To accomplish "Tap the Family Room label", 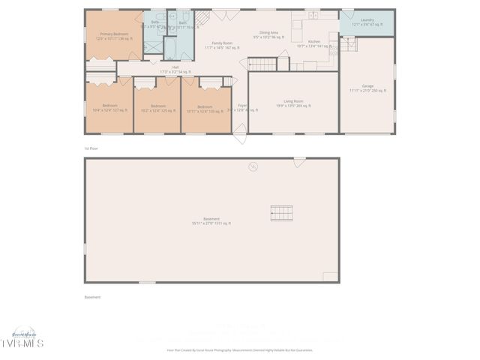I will click(x=222, y=45).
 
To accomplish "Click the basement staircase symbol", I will click(x=281, y=213).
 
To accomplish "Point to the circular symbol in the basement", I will click(x=253, y=166).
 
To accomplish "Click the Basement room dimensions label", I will click(x=211, y=221).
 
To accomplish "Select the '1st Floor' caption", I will click(x=91, y=148).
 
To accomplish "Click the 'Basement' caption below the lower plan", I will click(x=92, y=297).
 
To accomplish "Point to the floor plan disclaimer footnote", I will click(x=239, y=349).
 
